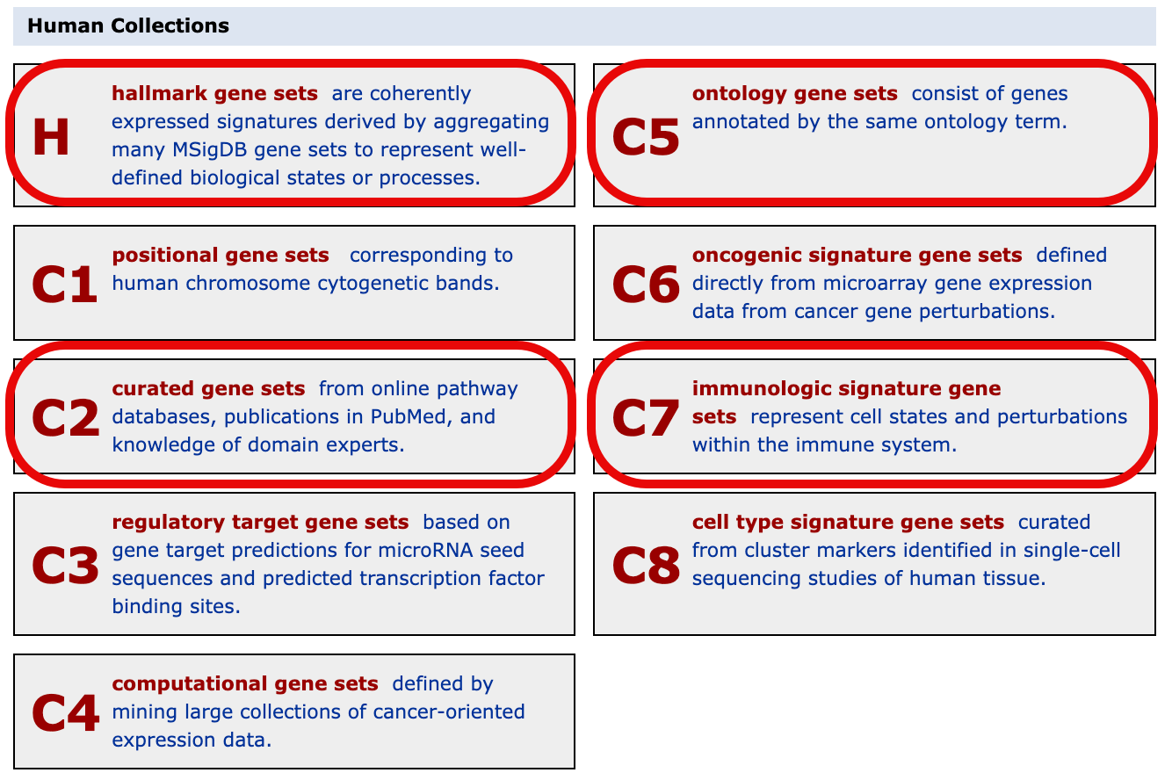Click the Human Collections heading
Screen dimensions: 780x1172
click(128, 25)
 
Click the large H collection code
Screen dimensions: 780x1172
click(51, 137)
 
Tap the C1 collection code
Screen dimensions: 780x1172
click(64, 285)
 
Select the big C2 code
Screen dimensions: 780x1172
click(66, 418)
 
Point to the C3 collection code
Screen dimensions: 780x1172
click(66, 566)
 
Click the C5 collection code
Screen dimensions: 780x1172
click(646, 137)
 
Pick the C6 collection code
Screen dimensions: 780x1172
click(646, 285)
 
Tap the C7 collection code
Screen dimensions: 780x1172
click(646, 418)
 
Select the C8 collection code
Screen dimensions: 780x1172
click(646, 566)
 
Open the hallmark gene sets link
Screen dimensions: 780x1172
click(214, 93)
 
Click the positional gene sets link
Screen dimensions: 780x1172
click(221, 255)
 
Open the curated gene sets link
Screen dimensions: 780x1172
click(208, 388)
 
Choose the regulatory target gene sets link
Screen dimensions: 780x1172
click(260, 522)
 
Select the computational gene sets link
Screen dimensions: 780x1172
click(245, 683)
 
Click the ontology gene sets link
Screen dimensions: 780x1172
click(794, 93)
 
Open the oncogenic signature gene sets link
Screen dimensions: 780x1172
click(857, 255)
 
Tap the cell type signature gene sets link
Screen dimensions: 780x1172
click(848, 522)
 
